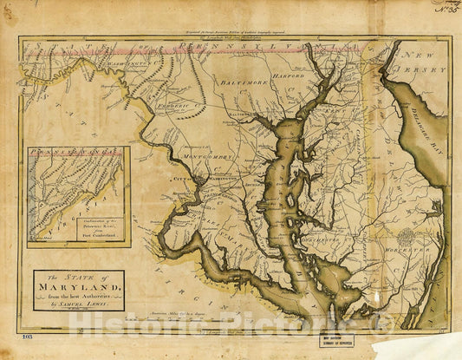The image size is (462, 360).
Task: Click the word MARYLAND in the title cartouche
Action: pos(80,285)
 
